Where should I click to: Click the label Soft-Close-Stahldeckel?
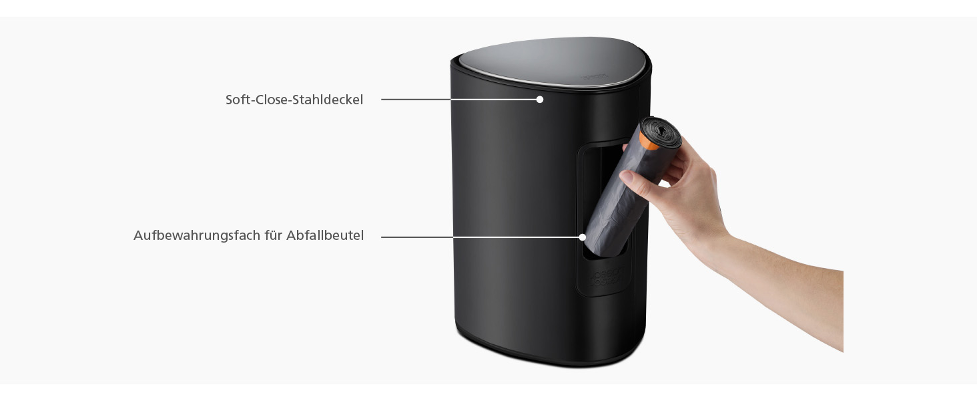click(x=294, y=100)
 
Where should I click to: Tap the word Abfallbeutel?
click(x=324, y=235)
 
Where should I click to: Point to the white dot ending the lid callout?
click(x=539, y=100)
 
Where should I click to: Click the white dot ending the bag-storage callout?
click(x=583, y=237)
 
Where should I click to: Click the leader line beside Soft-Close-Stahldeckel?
click(x=458, y=100)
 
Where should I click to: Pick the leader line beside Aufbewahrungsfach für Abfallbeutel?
click(x=480, y=237)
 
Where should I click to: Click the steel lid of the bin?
click(x=552, y=61)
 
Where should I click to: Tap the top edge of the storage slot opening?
click(x=604, y=145)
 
